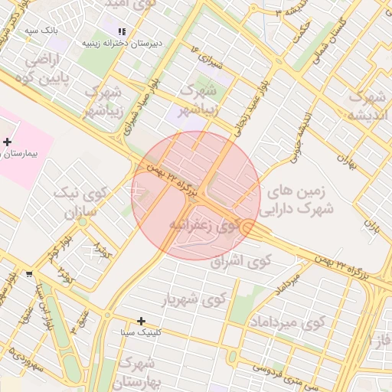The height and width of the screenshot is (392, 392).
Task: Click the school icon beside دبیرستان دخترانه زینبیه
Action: point(122,31)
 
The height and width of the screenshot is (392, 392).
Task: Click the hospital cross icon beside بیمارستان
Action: point(8,142)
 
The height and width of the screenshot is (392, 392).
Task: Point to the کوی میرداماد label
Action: point(289,322)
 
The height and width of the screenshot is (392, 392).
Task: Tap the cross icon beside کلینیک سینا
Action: point(141,321)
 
